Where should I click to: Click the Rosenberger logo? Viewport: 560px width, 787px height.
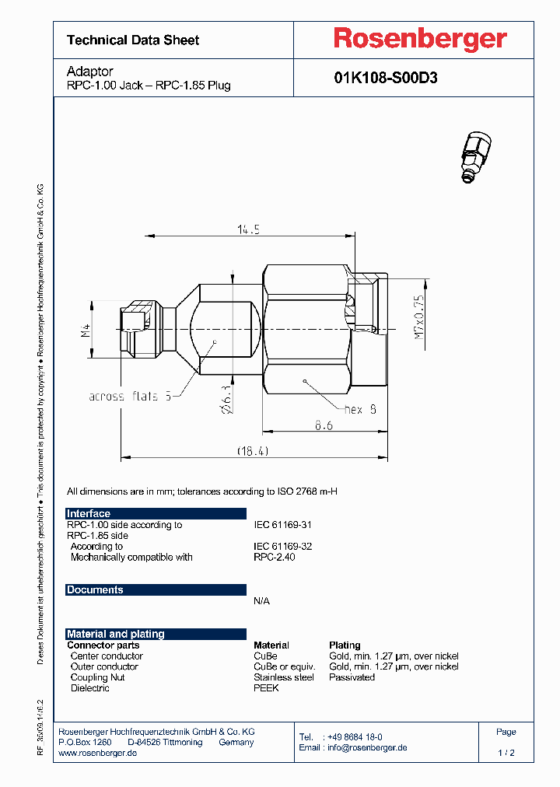(420, 39)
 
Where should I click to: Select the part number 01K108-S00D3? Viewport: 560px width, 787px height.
(385, 78)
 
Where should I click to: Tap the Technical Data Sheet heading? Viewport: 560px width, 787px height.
(133, 40)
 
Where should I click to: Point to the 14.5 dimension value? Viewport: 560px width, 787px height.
(248, 229)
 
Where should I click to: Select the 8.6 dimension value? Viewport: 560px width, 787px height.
(324, 426)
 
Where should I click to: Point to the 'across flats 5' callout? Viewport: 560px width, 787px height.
(129, 396)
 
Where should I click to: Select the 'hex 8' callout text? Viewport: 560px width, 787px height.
(361, 408)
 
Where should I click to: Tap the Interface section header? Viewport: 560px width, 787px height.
(89, 513)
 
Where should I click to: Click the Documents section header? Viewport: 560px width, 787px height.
(95, 589)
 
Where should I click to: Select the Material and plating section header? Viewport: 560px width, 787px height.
(116, 634)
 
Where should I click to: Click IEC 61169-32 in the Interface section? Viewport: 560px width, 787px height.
(283, 547)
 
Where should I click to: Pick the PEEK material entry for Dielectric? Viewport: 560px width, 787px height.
(266, 688)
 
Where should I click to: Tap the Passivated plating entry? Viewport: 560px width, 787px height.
(352, 677)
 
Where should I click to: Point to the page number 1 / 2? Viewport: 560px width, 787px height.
(506, 753)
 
